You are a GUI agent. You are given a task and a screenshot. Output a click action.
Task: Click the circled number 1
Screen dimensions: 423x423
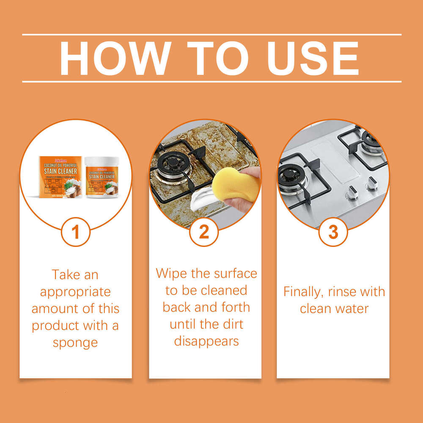76,232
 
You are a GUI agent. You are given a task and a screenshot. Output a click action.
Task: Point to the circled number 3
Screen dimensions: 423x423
333,232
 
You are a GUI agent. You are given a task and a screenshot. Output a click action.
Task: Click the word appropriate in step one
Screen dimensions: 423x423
75,292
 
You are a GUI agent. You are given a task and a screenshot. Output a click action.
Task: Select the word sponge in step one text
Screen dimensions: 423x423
75,343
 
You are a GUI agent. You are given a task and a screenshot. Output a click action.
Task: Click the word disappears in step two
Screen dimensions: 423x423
206,341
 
